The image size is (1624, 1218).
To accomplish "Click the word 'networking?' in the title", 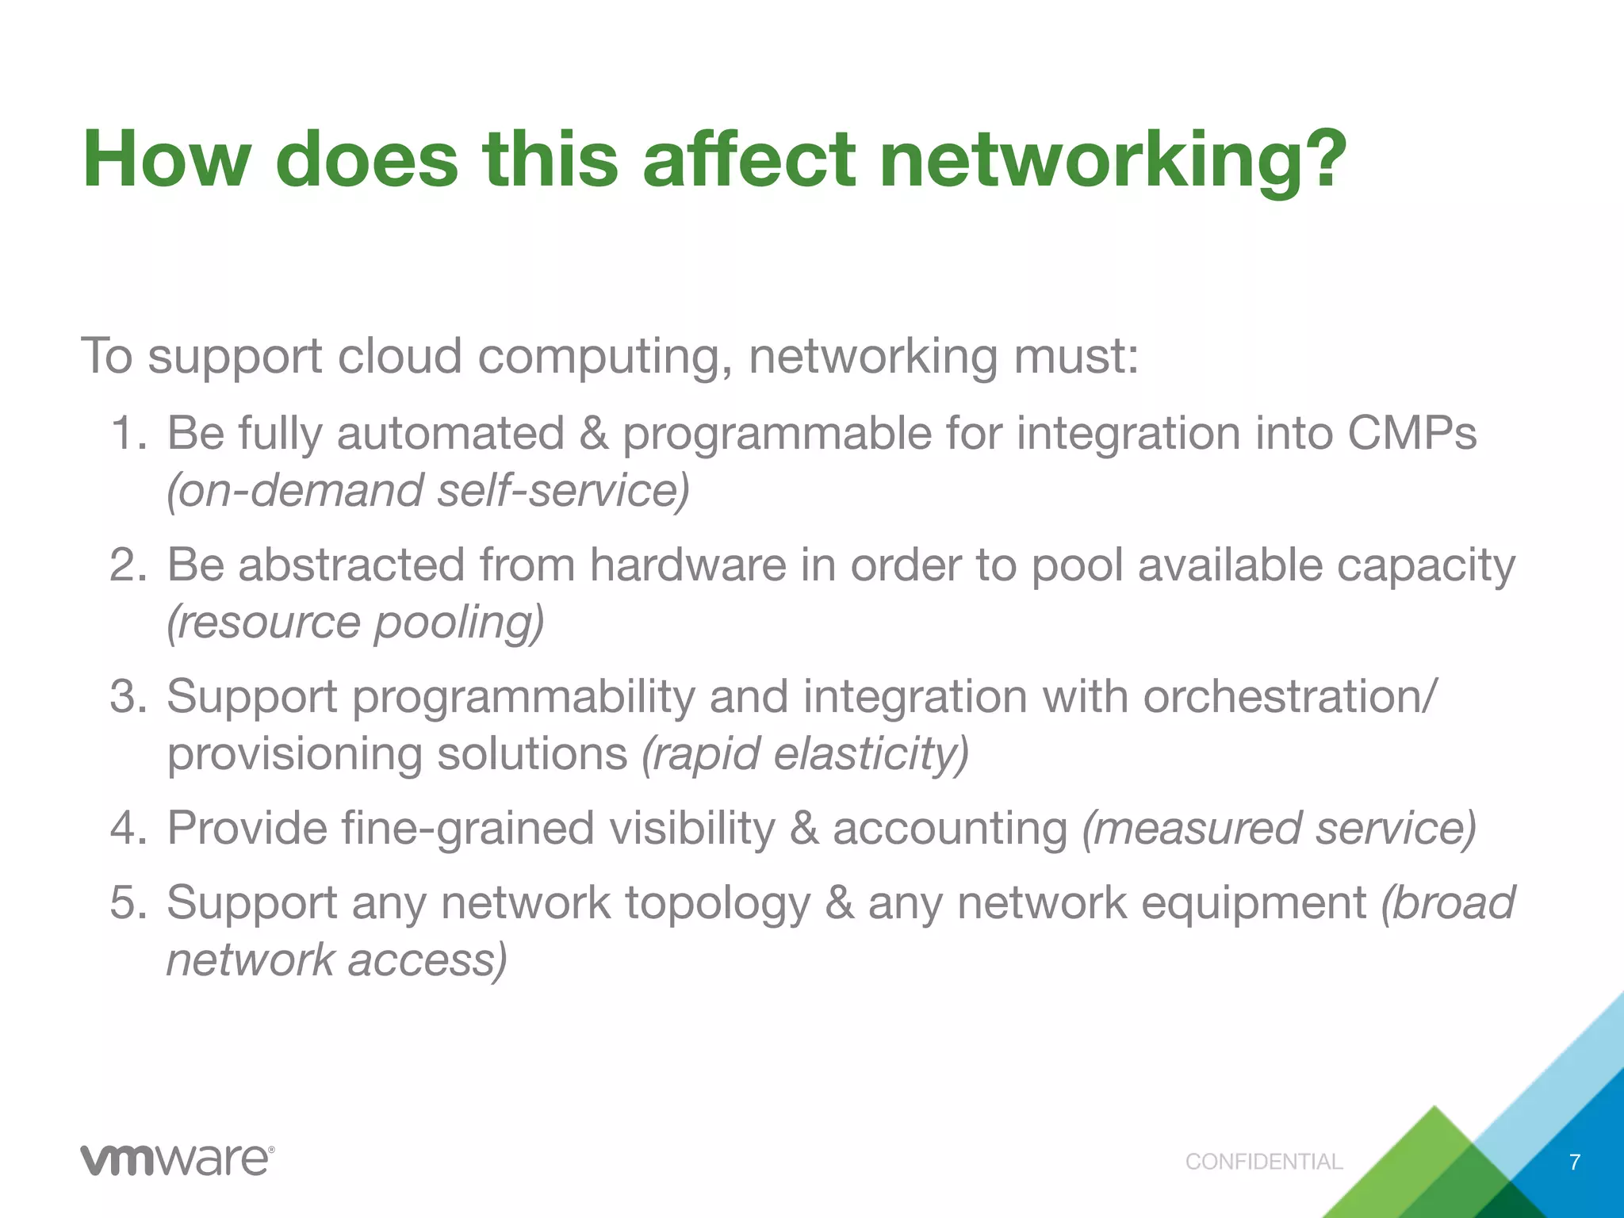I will click(x=1113, y=161).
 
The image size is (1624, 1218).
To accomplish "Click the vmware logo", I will click(x=177, y=1160).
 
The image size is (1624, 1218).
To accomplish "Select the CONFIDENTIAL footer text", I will click(x=1264, y=1162).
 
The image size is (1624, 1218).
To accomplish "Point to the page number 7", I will click(x=1575, y=1162).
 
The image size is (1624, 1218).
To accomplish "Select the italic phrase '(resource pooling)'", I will click(x=355, y=622).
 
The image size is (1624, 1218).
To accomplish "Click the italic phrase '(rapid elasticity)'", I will click(x=805, y=753).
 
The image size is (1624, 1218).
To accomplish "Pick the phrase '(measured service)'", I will click(x=1279, y=828).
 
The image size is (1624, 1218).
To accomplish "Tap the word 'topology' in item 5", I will click(x=718, y=903).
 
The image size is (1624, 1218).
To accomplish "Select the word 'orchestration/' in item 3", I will click(x=1289, y=696).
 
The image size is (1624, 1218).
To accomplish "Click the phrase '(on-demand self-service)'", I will click(x=428, y=491).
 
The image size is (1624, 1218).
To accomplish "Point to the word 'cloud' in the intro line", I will click(x=399, y=356).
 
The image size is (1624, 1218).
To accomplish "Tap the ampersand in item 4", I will click(x=803, y=828).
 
